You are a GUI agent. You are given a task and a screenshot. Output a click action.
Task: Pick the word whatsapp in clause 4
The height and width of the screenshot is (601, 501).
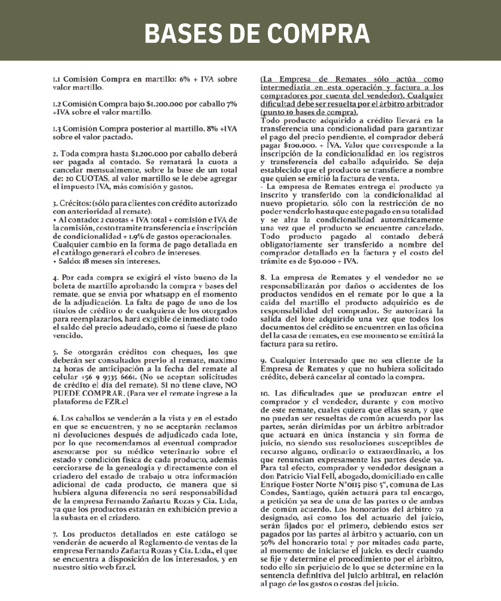pyautogui.click(x=165, y=294)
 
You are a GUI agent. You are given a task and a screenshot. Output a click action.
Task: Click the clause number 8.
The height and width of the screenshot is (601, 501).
pyautogui.click(x=263, y=278)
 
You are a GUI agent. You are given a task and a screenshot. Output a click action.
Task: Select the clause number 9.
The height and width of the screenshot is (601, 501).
pyautogui.click(x=263, y=361)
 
